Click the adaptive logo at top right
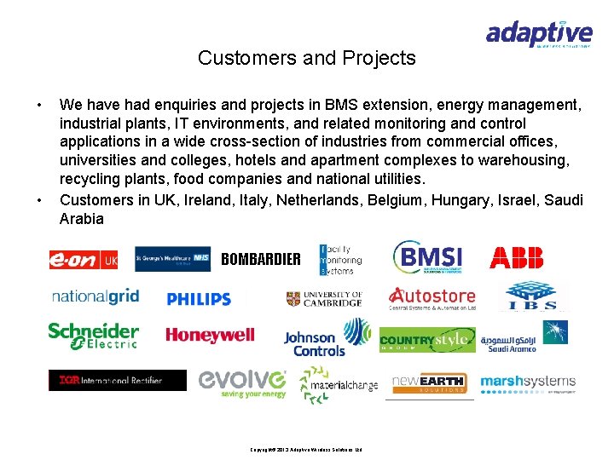539,34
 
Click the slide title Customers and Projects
306,58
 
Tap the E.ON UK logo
83,260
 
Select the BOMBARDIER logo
260,259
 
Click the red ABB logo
516,257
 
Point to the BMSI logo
428,257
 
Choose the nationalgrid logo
95,296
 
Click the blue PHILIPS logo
199,299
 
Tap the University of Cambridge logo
324,298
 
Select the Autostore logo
432,297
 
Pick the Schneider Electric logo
93,335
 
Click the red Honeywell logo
210,335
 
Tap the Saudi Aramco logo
523,336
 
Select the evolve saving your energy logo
242,382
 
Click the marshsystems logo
528,382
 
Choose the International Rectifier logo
117,380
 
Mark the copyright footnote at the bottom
306,449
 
